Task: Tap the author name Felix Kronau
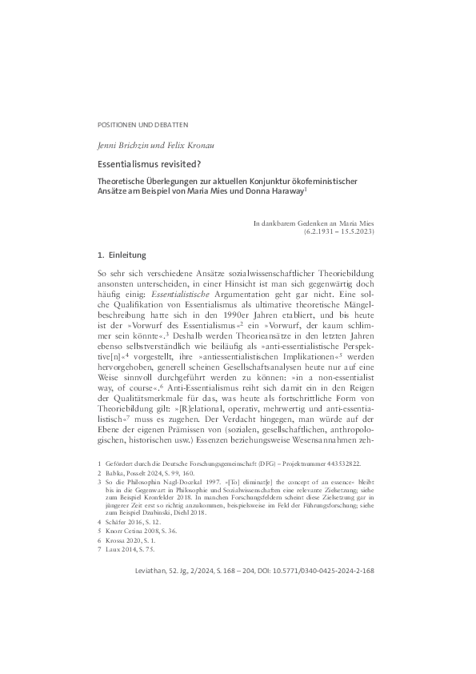182,144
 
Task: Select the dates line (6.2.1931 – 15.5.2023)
338,231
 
